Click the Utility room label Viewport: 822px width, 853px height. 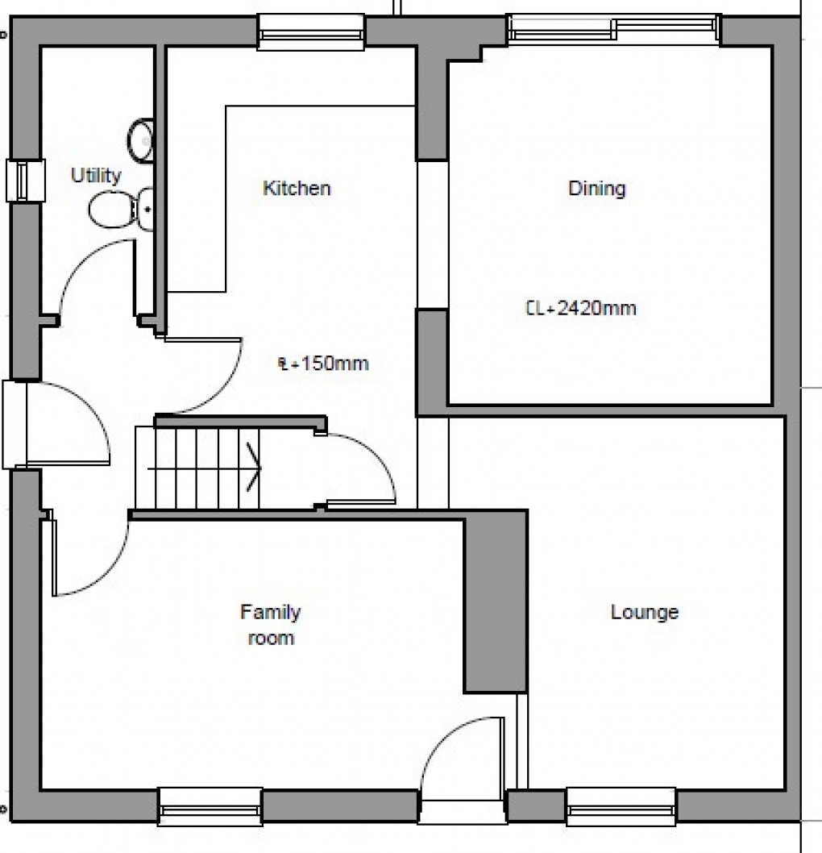(x=96, y=175)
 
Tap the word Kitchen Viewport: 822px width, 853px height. (x=297, y=189)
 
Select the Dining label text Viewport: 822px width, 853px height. (x=597, y=189)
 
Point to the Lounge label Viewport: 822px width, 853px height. (x=644, y=612)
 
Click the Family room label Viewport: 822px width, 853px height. (x=270, y=625)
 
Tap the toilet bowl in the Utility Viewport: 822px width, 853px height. (x=106, y=210)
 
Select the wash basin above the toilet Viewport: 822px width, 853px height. (x=141, y=138)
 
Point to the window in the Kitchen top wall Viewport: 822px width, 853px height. (x=310, y=32)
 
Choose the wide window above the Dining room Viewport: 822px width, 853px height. (x=613, y=30)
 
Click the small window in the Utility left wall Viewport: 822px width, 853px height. (x=24, y=180)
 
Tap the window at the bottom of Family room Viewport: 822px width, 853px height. (x=210, y=806)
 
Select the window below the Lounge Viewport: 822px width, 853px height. (x=621, y=806)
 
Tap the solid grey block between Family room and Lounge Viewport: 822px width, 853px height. (x=495, y=601)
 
